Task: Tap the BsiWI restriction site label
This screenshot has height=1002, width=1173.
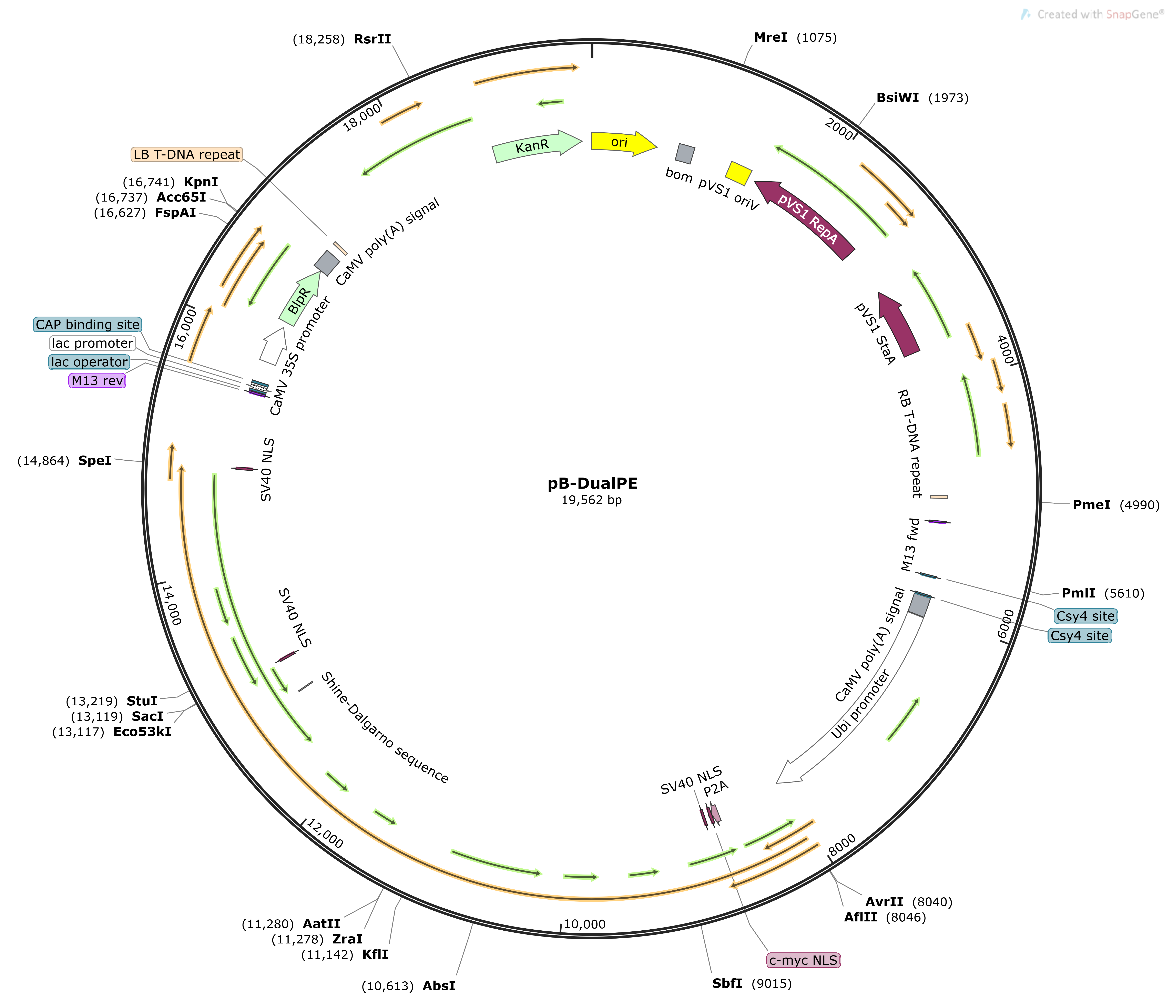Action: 897,98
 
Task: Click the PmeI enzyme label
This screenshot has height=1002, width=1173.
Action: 1091,505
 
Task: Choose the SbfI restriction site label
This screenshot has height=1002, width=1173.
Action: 727,983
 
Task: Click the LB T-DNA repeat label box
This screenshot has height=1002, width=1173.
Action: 187,155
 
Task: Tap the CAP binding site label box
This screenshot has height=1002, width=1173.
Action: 87,324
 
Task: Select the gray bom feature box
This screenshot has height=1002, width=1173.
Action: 685,153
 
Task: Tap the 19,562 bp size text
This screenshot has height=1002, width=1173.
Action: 592,500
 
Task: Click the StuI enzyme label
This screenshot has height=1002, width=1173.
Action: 142,701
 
